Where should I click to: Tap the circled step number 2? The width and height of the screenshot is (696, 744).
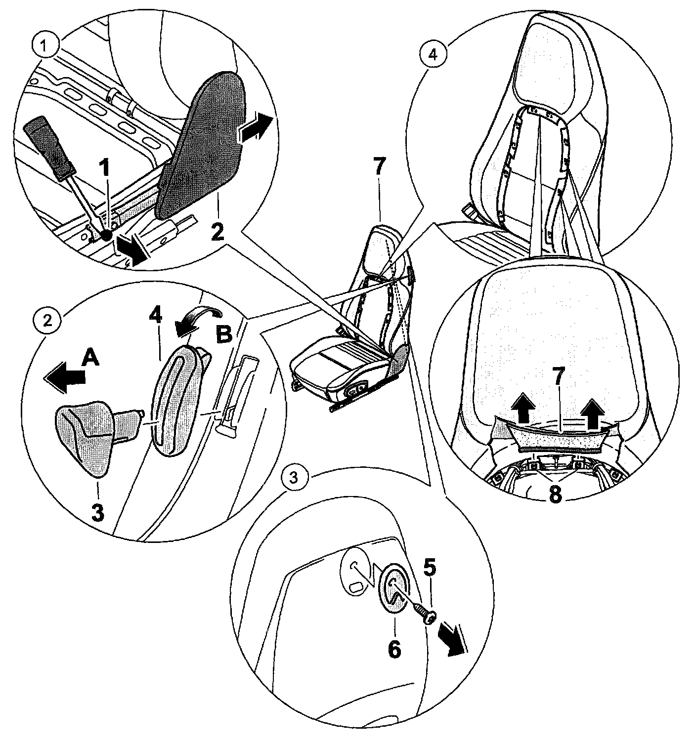point(47,320)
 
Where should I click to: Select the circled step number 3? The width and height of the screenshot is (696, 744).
point(293,477)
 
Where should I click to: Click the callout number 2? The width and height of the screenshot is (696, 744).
point(216,231)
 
